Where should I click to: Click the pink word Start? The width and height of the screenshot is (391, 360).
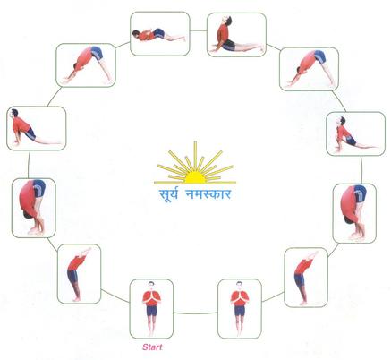tap(152, 347)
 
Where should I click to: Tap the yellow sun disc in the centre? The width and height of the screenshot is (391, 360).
tap(195, 178)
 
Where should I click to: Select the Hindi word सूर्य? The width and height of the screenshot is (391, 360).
tap(168, 194)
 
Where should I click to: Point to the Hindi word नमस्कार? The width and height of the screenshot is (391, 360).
tap(208, 194)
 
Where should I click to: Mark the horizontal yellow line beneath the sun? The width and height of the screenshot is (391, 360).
tap(195, 183)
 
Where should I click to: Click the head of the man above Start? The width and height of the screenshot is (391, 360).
tap(151, 285)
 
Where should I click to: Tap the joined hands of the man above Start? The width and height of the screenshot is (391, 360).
tap(152, 296)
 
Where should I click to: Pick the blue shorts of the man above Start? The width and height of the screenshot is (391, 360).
tap(151, 311)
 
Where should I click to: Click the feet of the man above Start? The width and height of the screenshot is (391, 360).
tap(151, 333)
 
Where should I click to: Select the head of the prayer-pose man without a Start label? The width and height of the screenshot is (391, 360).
tap(239, 286)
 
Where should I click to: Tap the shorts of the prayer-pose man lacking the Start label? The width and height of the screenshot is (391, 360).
tap(240, 311)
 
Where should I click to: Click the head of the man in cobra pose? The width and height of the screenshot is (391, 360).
tap(227, 21)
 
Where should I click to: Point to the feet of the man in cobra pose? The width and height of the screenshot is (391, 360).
tap(260, 48)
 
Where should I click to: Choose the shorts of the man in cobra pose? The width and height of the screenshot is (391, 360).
tap(229, 45)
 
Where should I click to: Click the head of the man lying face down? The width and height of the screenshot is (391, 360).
tap(136, 33)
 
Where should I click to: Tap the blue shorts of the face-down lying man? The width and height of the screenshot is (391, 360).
tap(158, 33)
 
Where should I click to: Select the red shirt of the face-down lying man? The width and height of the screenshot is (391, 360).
tap(146, 35)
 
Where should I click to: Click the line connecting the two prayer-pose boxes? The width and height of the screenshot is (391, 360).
tap(196, 313)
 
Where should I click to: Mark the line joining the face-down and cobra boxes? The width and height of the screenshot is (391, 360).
tap(199, 30)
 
